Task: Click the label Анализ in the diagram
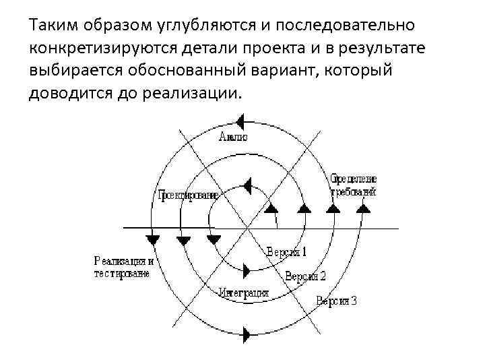point(234,137)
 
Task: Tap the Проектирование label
point(188,195)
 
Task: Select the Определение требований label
point(354,185)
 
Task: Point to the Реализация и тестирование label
point(124,267)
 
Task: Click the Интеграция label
point(243,293)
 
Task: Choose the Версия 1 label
point(286,252)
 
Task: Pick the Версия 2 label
point(305,276)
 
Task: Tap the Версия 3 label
point(336,301)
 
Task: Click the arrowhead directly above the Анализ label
point(240,122)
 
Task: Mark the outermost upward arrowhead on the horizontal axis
point(362,209)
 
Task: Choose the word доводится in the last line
point(67,92)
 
